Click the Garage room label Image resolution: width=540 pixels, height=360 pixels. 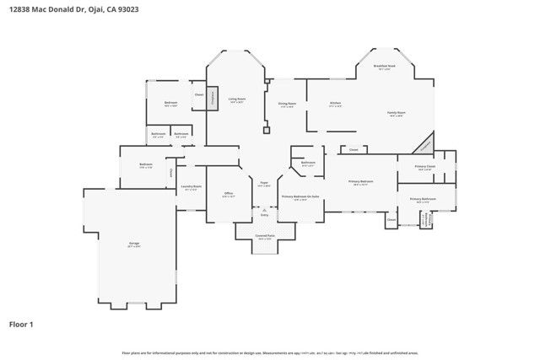134,244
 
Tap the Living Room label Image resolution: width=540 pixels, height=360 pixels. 237,99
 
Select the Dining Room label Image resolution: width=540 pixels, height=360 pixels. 286,105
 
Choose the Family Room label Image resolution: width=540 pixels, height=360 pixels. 397,114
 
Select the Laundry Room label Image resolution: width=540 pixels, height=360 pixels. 192,187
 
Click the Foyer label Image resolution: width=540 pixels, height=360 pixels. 264,183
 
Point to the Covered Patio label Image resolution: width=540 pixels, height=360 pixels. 265,237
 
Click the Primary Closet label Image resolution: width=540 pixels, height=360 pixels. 424,167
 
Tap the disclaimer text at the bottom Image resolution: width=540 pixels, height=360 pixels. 270,352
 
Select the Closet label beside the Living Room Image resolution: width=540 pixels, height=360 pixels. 199,94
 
